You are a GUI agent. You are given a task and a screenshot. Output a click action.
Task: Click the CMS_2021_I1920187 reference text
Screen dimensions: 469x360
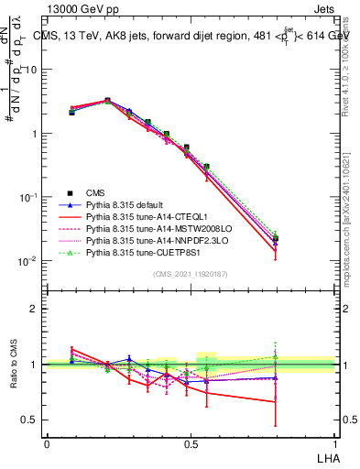[191, 274]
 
